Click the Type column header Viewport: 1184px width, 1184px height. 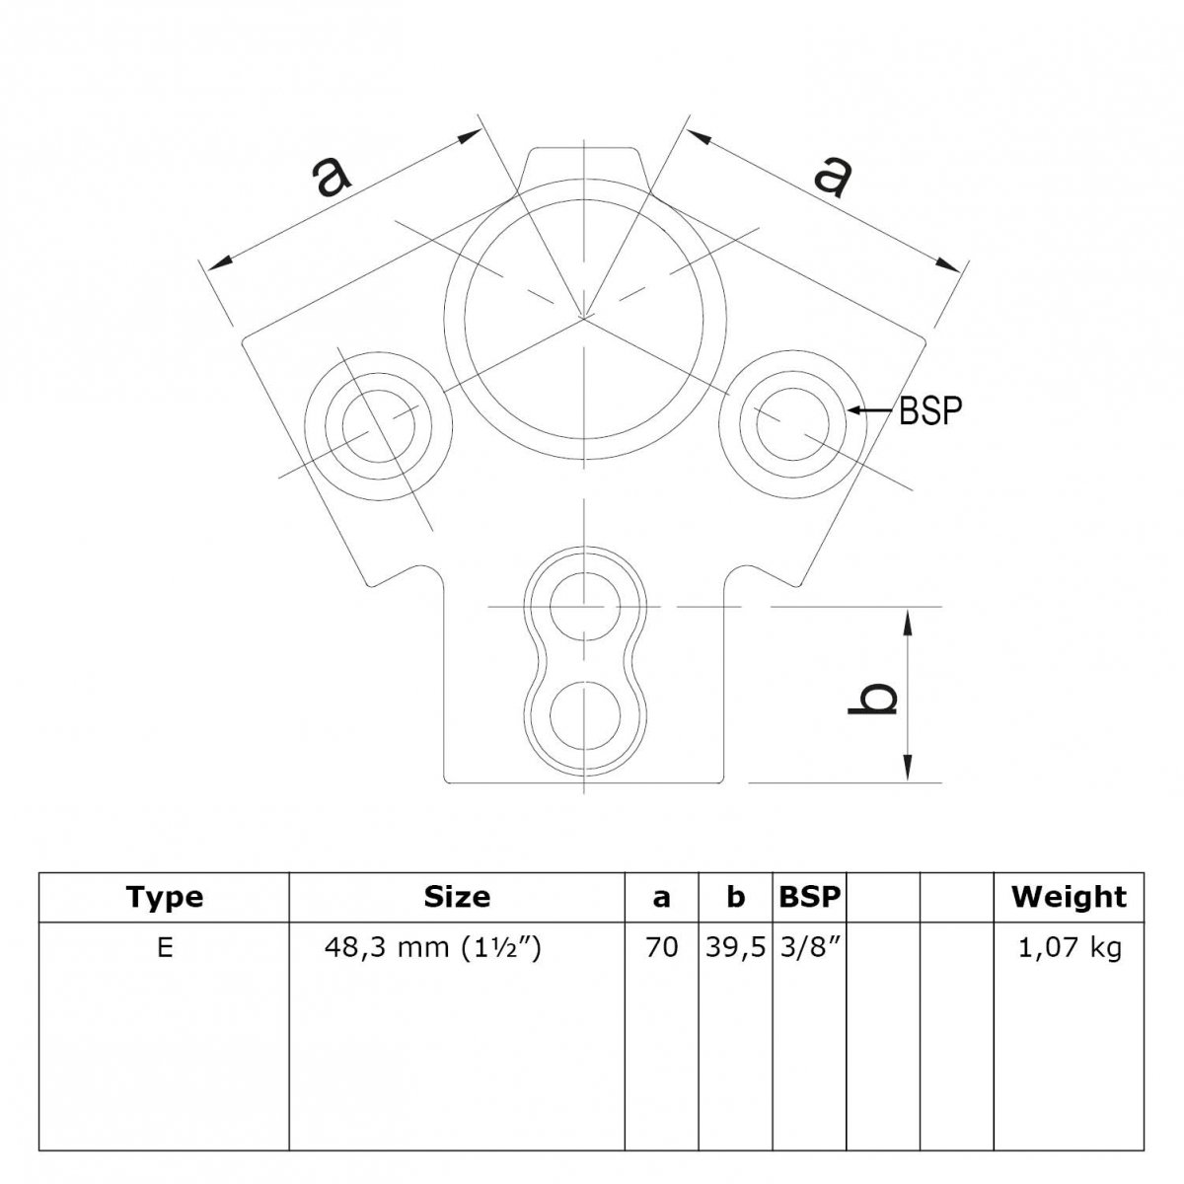(164, 897)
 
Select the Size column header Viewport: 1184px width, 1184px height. (457, 897)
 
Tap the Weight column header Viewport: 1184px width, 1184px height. (1070, 898)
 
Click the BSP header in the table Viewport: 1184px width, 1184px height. (809, 897)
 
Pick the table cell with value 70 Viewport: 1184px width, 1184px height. (662, 948)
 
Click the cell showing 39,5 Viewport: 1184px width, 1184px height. (735, 948)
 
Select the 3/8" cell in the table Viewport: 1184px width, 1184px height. (809, 948)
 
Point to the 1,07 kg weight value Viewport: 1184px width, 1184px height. (1070, 948)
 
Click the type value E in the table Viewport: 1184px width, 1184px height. (165, 948)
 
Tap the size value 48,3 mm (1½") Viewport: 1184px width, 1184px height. (432, 948)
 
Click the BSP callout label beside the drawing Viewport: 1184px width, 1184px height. (930, 411)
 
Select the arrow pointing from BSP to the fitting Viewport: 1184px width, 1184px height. (870, 410)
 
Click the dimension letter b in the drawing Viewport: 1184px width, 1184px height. (872, 699)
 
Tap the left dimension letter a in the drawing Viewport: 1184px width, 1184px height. (332, 177)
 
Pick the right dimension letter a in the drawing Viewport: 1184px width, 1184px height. (833, 177)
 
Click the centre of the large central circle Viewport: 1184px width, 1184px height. (584, 319)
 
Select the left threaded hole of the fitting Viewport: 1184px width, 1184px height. (379, 426)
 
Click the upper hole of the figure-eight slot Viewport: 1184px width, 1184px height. (585, 607)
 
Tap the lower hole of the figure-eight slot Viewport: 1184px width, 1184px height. (585, 715)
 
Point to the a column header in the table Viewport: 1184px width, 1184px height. (661, 898)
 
